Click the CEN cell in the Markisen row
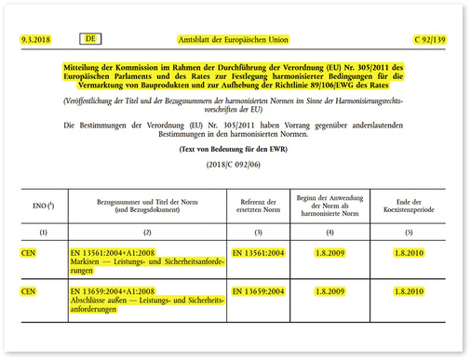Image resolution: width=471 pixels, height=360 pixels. tap(30, 252)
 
